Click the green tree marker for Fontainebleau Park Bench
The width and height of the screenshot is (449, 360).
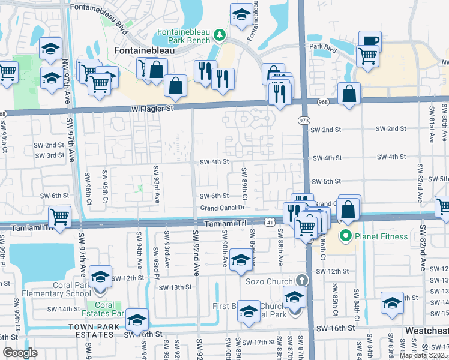[220, 35]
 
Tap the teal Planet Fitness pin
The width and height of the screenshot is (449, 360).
[345, 236]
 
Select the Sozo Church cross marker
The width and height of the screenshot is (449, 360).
[301, 281]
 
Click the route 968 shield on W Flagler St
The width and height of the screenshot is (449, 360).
[323, 102]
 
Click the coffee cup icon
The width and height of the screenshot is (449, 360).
[370, 42]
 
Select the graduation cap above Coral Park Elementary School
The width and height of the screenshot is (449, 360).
[100, 277]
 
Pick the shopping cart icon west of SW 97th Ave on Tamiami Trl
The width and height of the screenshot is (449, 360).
[59, 216]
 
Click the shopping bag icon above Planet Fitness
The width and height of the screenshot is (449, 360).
[349, 210]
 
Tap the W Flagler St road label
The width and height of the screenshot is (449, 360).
[152, 109]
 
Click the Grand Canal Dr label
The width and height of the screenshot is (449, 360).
[223, 208]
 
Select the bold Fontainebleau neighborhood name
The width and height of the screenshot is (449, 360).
[137, 51]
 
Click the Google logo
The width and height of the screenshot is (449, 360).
[20, 352]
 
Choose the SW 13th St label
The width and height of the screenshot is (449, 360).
[174, 287]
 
